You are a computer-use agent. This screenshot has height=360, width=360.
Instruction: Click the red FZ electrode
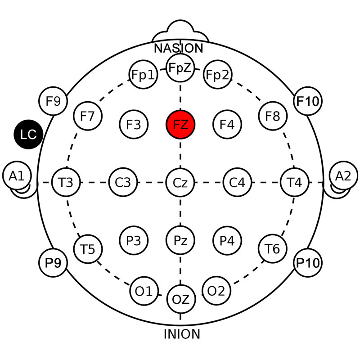180,125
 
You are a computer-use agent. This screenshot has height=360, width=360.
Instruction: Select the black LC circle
28,134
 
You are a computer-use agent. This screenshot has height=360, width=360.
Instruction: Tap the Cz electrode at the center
180,183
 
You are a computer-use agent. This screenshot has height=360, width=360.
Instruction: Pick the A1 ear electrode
17,176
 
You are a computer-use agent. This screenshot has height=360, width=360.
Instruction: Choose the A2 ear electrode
343,176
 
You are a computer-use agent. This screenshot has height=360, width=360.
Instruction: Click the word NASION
179,48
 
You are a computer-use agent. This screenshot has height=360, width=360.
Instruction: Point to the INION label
182,334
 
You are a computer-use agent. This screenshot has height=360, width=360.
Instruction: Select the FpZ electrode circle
180,68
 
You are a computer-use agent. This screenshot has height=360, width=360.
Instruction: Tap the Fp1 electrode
143,75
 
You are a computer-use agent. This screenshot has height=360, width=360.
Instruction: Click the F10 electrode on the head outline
308,101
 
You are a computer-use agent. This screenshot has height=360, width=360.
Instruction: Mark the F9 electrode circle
53,101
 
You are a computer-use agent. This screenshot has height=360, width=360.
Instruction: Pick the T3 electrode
66,183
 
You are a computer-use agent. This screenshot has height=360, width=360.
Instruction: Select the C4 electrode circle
237,183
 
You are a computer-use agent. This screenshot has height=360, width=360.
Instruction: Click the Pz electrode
180,240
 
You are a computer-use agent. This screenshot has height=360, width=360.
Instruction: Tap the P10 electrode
308,263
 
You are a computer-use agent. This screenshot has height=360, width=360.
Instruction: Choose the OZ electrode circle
181,299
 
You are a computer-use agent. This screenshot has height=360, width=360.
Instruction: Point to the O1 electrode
144,291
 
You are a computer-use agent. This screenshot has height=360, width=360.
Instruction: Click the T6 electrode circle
272,249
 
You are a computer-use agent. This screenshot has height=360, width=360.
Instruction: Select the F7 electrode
88,116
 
